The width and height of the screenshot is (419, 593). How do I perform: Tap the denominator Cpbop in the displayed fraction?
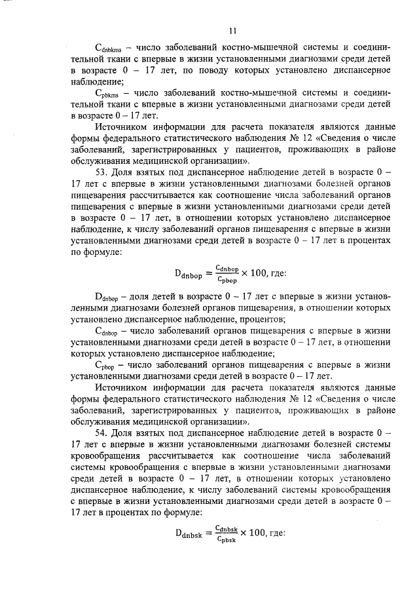pos(227,280)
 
